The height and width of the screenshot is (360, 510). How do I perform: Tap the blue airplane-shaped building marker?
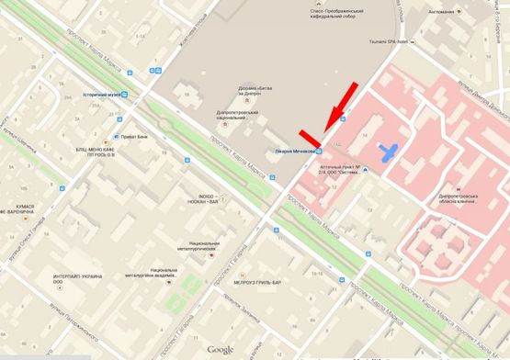click(391, 151)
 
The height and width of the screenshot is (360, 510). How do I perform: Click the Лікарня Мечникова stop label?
click(293, 151)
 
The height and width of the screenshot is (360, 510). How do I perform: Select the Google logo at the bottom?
click(221, 350)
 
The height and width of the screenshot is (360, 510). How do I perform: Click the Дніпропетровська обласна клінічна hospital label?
click(463, 196)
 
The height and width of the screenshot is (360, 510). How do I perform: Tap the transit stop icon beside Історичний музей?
click(124, 95)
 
